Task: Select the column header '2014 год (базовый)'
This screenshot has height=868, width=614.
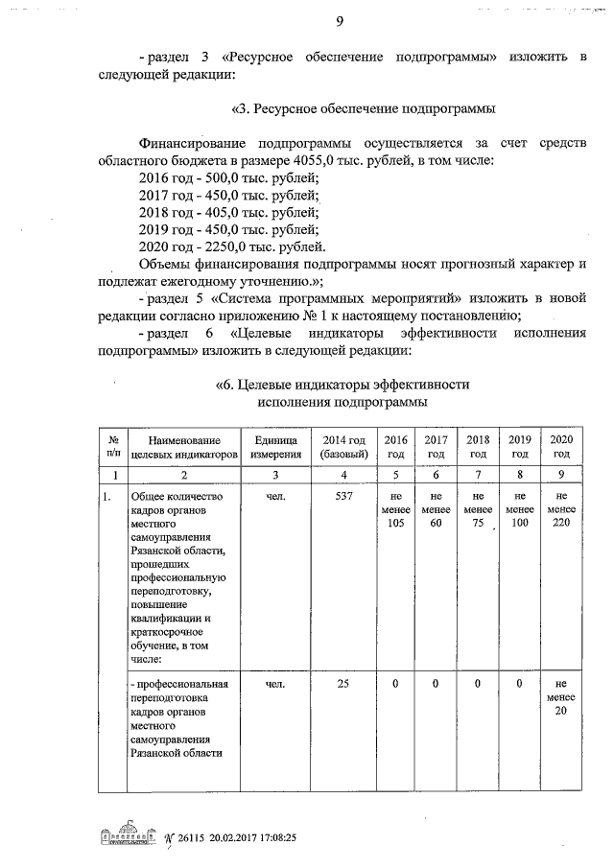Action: click(342, 446)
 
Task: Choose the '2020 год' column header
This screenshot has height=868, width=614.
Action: click(561, 446)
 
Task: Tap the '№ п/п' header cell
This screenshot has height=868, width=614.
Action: click(113, 446)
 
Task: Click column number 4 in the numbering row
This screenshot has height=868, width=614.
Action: click(342, 476)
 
